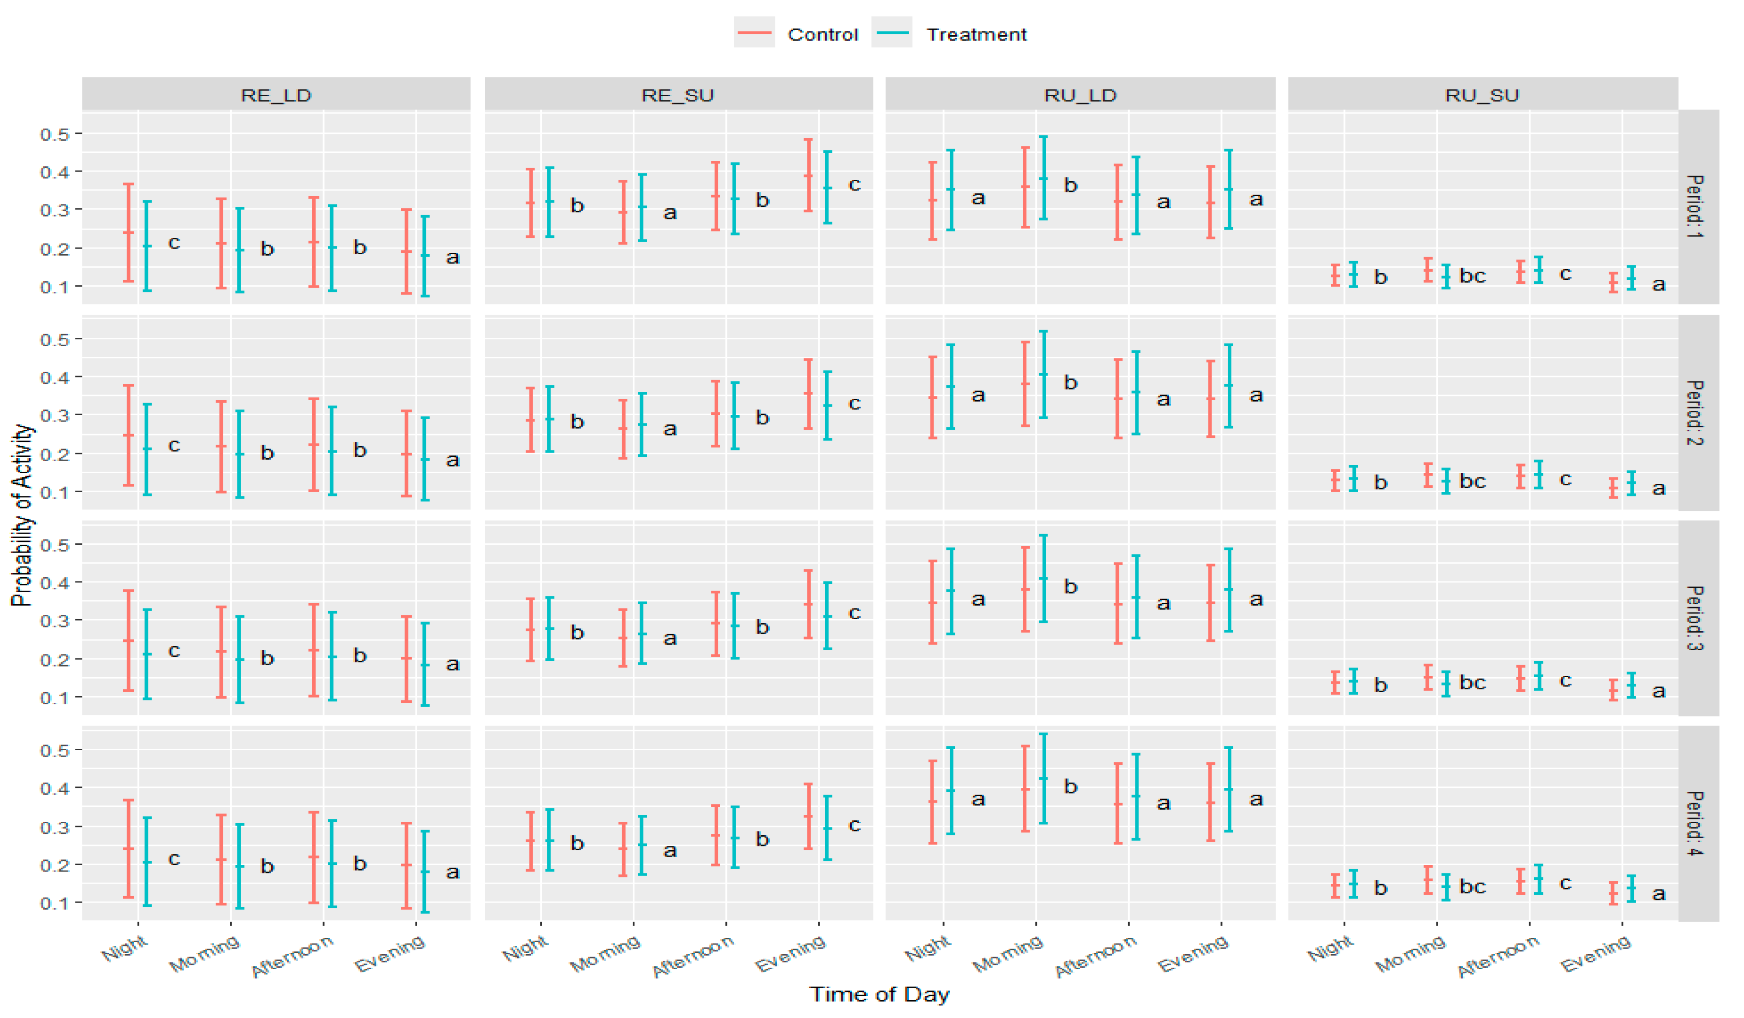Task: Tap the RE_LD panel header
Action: click(276, 95)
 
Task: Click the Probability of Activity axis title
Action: click(22, 516)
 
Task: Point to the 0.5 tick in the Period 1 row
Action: click(56, 133)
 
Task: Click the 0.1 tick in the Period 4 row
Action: click(56, 902)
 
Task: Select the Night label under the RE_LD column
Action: click(125, 948)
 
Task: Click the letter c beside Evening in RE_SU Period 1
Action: click(854, 185)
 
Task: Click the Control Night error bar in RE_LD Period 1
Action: click(129, 233)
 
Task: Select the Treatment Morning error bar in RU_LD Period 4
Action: click(1043, 779)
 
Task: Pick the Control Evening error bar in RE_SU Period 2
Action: click(808, 394)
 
